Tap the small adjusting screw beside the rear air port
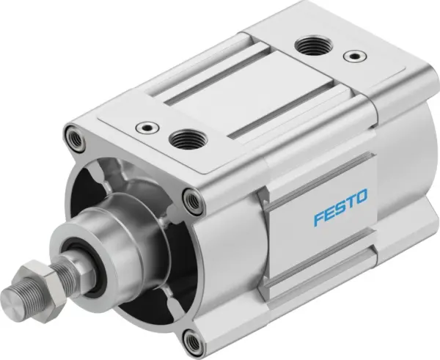pyautogui.click(x=355, y=56)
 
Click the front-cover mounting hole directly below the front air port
pyautogui.click(x=192, y=196)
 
